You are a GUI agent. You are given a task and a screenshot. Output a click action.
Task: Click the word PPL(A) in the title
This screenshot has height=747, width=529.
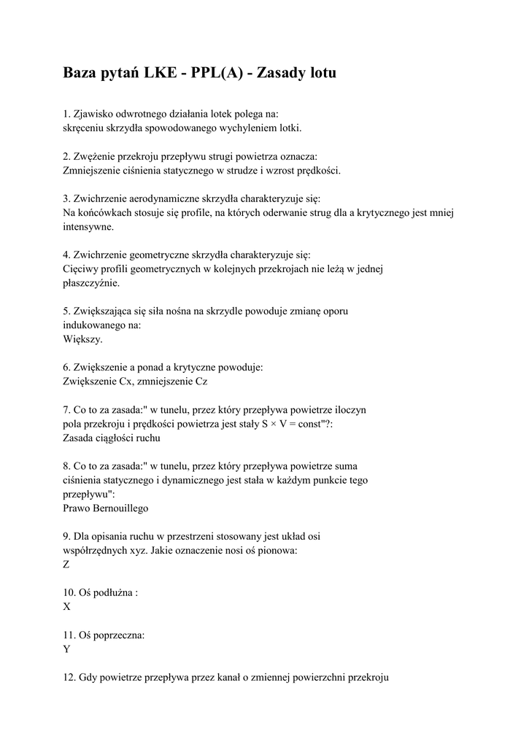224,74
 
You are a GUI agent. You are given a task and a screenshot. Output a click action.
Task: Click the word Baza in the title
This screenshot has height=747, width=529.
83,74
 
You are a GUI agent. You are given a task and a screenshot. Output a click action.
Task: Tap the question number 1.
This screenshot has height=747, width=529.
66,114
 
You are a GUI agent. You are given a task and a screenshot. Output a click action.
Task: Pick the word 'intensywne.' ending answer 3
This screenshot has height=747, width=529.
88,227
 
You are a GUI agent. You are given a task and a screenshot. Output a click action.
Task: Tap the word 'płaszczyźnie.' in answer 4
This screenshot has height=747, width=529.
91,283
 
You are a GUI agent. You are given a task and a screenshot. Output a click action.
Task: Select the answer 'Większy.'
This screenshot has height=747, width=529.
82,339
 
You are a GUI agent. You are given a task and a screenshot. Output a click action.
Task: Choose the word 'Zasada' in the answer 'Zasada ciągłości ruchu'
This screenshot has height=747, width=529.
80,438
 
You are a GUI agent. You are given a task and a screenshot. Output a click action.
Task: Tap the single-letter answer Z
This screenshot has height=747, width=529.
66,565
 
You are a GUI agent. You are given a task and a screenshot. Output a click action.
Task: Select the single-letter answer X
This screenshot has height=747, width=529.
67,607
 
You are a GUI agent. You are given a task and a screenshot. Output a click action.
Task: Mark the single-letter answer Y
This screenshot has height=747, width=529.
67,649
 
